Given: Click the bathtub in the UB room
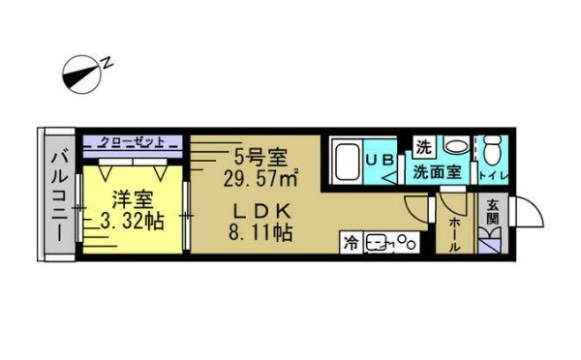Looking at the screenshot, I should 346,161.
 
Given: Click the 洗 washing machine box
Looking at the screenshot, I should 423,146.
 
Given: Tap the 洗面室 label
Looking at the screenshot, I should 438,173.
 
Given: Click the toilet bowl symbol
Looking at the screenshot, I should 494,151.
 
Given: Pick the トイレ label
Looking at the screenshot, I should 493,175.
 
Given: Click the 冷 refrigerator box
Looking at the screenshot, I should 350,242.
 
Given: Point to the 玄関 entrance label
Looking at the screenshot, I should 492,213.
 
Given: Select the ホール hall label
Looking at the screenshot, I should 453,232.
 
